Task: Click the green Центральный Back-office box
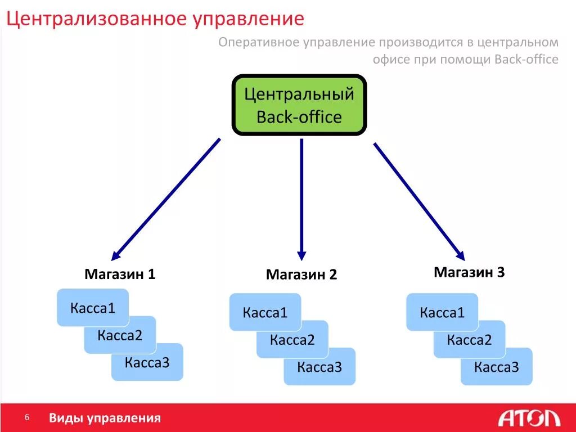(299, 105)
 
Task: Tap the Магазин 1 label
(120, 274)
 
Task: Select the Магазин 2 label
(301, 274)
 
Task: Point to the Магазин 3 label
(469, 272)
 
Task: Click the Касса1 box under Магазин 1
(93, 307)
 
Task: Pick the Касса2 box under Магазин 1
(120, 336)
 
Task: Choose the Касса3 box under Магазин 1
(147, 363)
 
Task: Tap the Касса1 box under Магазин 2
(265, 312)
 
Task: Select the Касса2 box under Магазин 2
(292, 340)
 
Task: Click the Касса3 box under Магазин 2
(319, 367)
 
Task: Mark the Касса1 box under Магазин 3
(442, 312)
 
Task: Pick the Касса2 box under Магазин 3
(469, 340)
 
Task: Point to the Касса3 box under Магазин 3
(497, 367)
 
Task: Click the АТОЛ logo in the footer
(529, 418)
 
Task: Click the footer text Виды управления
(105, 418)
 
